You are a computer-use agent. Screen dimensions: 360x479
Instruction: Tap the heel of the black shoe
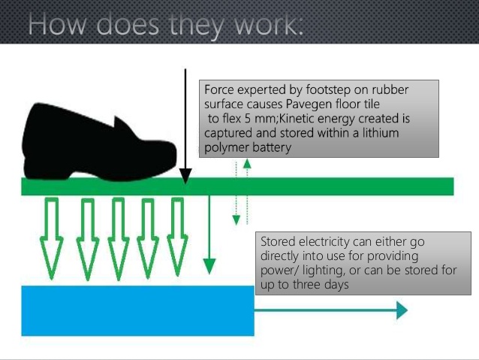point(45,162)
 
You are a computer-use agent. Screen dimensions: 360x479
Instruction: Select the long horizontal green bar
point(315,186)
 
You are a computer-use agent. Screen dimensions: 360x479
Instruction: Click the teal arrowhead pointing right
point(402,310)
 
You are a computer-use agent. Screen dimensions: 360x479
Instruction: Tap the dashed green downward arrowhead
point(236,219)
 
